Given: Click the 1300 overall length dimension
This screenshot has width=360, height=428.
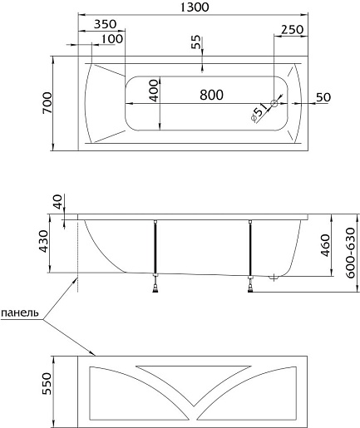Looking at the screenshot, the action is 195,7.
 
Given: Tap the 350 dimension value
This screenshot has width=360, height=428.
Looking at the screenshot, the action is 105,24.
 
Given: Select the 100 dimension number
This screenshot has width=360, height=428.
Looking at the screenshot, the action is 111,39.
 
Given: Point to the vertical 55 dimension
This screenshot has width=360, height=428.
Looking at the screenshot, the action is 196,42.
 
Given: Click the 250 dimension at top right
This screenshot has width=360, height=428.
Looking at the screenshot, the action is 293,29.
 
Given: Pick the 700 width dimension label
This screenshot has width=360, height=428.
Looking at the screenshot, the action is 47,103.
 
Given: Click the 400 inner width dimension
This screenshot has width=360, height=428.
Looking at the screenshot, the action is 154,91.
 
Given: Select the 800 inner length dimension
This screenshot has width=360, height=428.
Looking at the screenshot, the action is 211,95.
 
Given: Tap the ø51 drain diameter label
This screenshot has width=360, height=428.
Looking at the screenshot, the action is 259,112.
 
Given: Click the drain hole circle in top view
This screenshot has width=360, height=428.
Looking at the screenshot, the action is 274,103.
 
